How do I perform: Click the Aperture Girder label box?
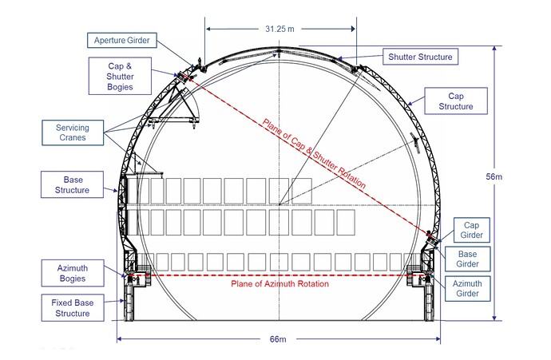(x=122, y=41)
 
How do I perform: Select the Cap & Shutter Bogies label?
(x=120, y=76)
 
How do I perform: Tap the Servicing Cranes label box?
(x=73, y=133)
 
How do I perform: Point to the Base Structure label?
(x=73, y=184)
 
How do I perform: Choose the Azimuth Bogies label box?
(x=73, y=273)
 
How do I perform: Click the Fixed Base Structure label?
(x=73, y=307)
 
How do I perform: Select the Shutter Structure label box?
(x=420, y=57)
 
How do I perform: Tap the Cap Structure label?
(x=456, y=101)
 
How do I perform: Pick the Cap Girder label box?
(x=472, y=230)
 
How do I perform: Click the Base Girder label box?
(x=467, y=259)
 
